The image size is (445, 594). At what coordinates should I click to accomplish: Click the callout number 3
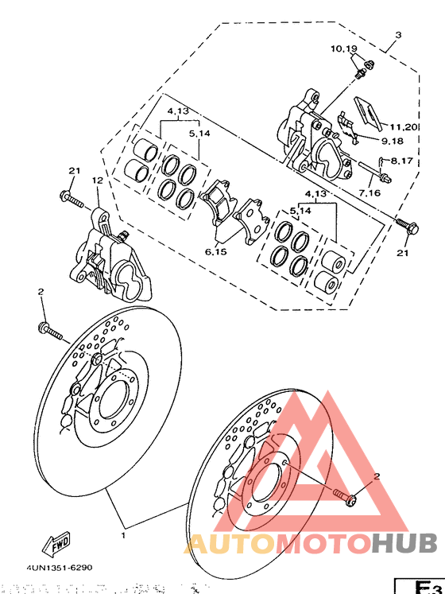pyautogui.click(x=398, y=35)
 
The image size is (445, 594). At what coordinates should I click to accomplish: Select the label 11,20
pyautogui.click(x=405, y=126)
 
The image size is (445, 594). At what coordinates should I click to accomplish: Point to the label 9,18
pyautogui.click(x=392, y=141)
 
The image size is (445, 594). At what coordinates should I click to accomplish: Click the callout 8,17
pyautogui.click(x=401, y=160)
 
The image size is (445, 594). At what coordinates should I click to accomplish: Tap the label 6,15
pyautogui.click(x=215, y=251)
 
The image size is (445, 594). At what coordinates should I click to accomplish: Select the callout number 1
pyautogui.click(x=122, y=535)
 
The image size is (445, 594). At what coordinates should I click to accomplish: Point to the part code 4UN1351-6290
pyautogui.click(x=59, y=568)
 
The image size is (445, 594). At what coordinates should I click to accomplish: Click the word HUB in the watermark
pyautogui.click(x=405, y=544)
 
